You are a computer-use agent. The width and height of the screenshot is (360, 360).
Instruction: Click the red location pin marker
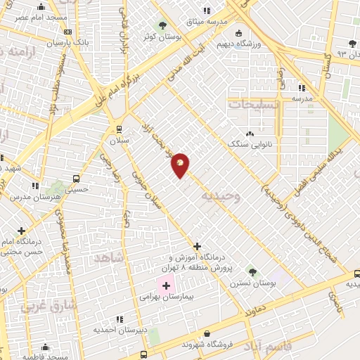click(181, 165)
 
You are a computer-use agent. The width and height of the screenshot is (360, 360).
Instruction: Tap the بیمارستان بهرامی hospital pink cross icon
click(167, 286)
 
